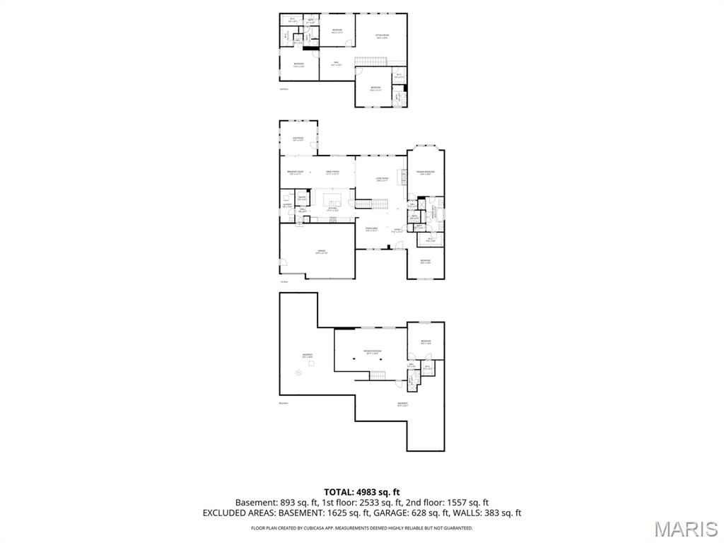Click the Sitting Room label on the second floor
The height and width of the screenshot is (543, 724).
tap(382, 35)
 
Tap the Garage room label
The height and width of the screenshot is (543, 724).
tap(321, 252)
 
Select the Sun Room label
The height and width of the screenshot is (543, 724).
tap(298, 139)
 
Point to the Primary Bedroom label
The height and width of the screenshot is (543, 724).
tap(425, 173)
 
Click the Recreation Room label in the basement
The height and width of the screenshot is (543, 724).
tap(373, 351)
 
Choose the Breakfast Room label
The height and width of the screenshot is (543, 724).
tap(295, 173)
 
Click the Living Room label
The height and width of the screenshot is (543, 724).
tap(383, 179)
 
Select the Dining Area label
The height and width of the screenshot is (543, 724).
tap(371, 229)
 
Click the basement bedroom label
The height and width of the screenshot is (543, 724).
tap(425, 342)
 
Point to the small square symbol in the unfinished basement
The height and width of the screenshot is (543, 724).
tap(310, 363)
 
